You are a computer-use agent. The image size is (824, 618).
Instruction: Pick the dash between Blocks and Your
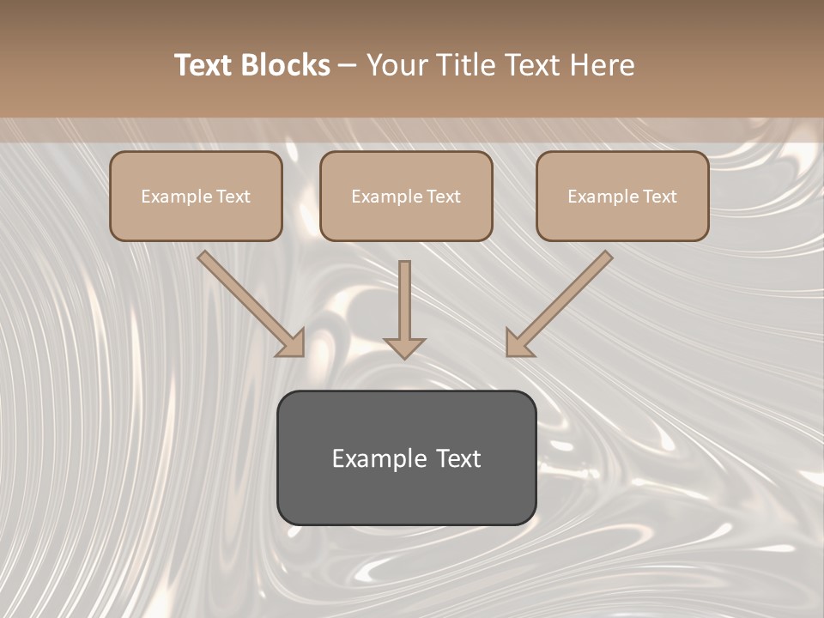click(348, 66)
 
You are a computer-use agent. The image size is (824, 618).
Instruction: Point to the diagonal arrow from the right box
click(566, 296)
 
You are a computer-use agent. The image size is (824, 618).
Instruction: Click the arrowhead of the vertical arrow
click(404, 347)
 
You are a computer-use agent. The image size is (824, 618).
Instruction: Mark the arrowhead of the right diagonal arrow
click(518, 343)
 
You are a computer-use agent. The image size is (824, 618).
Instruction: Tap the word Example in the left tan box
click(175, 197)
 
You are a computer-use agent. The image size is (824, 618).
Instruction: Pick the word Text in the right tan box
click(660, 197)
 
